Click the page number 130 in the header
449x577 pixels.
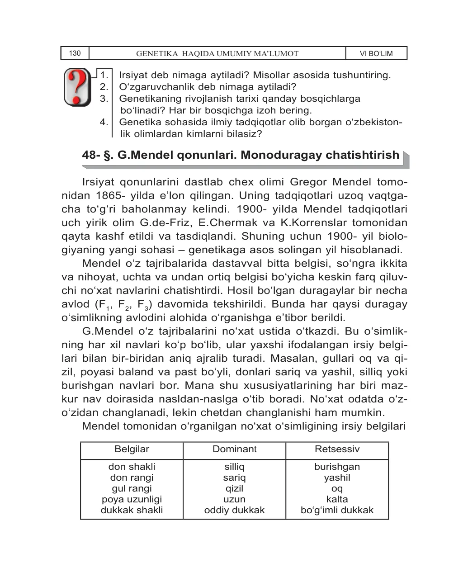pos(75,53)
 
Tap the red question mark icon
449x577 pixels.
pos(78,87)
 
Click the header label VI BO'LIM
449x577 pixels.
pos(376,53)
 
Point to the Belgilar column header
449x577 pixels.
pos(132,449)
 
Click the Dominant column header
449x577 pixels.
pos(234,449)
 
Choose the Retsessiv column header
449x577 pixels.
pos(337,449)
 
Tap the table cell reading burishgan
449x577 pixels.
pos(337,467)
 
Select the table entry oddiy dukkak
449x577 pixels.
pos(234,510)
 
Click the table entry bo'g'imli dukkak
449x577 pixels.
pos(337,510)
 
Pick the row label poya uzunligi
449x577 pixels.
pos(132,499)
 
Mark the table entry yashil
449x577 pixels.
pos(337,478)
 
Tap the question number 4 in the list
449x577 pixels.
pos(104,122)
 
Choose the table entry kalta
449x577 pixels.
pos(337,499)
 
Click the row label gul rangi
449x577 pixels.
pos(132,488)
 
